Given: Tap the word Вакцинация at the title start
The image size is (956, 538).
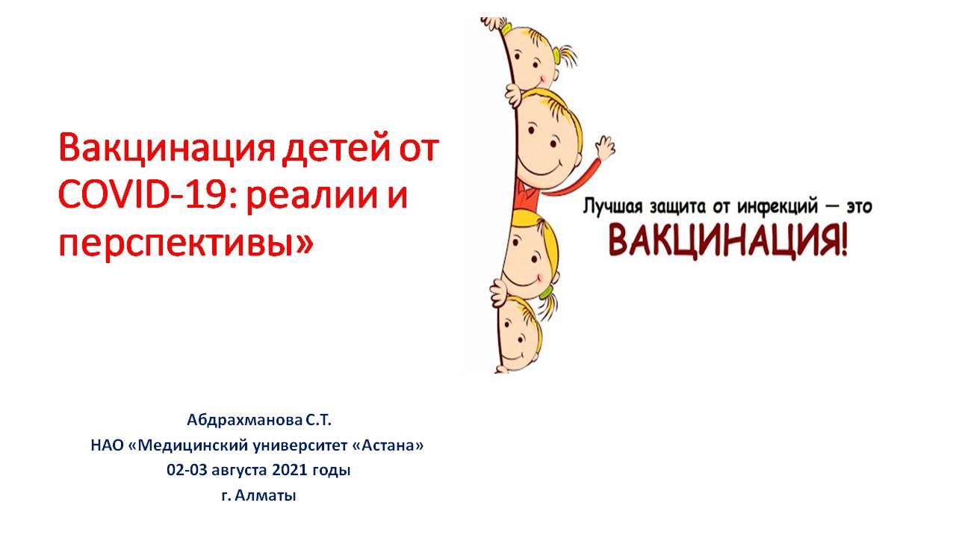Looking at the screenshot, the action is [167, 148].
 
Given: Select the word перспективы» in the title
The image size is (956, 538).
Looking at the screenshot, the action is [186, 244].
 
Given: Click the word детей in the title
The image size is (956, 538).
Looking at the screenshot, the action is [336, 148].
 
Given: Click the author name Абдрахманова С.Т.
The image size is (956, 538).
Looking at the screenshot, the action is [259, 421].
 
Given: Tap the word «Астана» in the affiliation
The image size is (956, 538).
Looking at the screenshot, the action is [388, 446].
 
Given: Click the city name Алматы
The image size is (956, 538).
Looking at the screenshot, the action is [265, 495].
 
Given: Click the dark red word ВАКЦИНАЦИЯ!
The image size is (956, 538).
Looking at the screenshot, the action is [727, 242].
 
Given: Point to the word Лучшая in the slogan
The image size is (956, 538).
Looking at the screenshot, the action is [612, 208].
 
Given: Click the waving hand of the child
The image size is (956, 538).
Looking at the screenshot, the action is [605, 149].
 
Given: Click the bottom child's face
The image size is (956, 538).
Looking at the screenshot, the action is [518, 336].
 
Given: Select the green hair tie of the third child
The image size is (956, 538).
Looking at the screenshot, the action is [546, 292].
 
